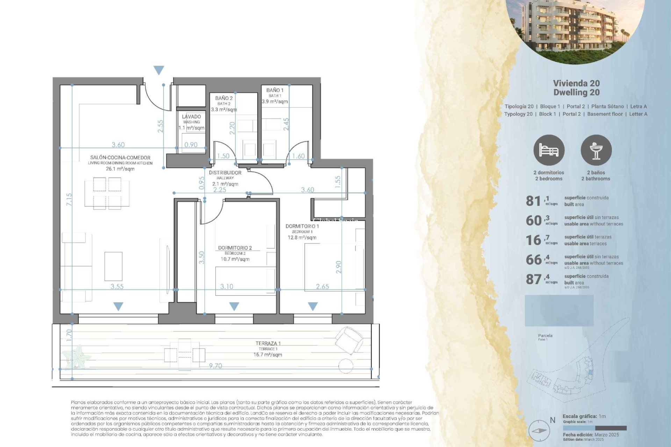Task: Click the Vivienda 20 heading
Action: (576, 83)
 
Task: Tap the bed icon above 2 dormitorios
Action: (549, 151)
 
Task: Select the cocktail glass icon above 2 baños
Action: (596, 151)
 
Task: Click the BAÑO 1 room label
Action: (275, 90)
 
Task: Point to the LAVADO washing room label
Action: (191, 117)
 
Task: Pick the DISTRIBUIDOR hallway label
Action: (225, 173)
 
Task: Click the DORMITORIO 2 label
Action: (235, 248)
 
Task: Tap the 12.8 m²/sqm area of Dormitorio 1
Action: (302, 237)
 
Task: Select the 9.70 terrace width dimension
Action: (215, 366)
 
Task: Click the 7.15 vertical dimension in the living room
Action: (69, 199)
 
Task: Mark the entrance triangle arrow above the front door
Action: (159, 70)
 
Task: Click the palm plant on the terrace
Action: (78, 356)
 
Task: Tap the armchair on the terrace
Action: (348, 340)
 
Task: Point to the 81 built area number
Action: (533, 201)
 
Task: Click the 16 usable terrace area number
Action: (533, 240)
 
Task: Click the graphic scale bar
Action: (594, 428)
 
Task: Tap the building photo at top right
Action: (575, 28)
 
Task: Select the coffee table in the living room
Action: (113, 266)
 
